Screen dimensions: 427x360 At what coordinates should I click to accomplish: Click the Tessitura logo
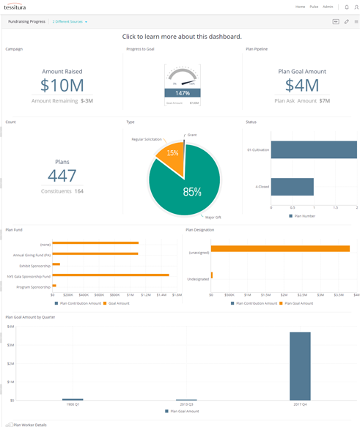pyautogui.click(x=20, y=7)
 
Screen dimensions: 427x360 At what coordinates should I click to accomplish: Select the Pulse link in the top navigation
pyautogui.click(x=313, y=7)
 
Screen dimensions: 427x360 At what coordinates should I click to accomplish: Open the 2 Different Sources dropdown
pyautogui.click(x=70, y=22)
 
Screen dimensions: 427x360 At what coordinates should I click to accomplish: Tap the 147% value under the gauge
pyautogui.click(x=182, y=94)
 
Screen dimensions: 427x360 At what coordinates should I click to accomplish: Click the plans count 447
pyautogui.click(x=62, y=175)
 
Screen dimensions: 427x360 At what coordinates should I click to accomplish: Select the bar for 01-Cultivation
pyautogui.click(x=314, y=149)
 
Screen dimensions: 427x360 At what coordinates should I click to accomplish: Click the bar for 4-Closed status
pyautogui.click(x=293, y=187)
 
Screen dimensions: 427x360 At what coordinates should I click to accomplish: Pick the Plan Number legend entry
pyautogui.click(x=305, y=216)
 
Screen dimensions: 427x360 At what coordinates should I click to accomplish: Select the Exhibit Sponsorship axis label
pyautogui.click(x=35, y=265)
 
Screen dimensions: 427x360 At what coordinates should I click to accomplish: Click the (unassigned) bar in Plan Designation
pyautogui.click(x=281, y=248)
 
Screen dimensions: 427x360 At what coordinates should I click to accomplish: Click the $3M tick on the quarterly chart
pyautogui.click(x=10, y=344)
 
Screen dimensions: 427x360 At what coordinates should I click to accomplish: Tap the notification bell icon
pyautogui.click(x=346, y=7)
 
